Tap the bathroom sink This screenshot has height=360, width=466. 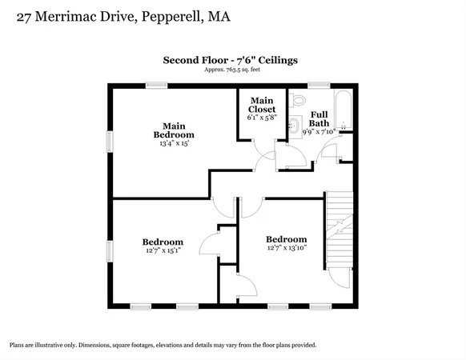(294, 126)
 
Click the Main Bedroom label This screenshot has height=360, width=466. (174, 130)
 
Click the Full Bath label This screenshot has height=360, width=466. (319, 118)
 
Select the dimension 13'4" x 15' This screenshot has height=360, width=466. (174, 145)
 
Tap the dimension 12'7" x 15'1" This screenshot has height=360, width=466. (163, 251)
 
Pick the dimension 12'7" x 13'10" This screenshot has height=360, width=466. (286, 249)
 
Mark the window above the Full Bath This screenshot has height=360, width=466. (319, 84)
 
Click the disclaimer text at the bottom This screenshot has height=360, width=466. (163, 345)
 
